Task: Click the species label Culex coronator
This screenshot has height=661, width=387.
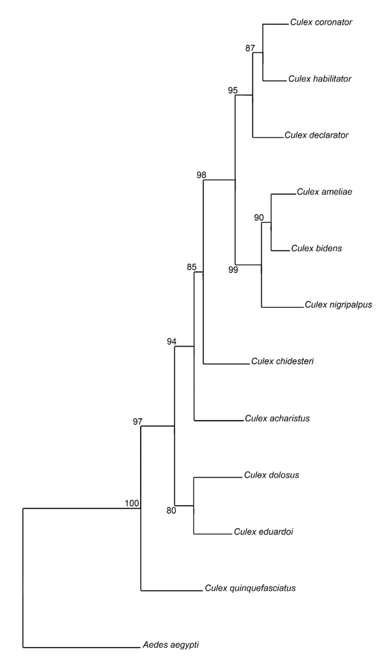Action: pyautogui.click(x=321, y=22)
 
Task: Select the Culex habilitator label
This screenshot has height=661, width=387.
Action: pyautogui.click(x=320, y=79)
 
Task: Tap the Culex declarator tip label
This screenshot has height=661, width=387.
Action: pyautogui.click(x=316, y=135)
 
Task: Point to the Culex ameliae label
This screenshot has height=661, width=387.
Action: pyautogui.click(x=324, y=192)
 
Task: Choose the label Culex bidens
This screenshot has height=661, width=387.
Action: pyautogui.click(x=316, y=248)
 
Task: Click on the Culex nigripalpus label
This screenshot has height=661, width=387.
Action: pyautogui.click(x=338, y=304)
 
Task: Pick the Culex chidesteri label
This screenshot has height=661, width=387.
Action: pyautogui.click(x=282, y=361)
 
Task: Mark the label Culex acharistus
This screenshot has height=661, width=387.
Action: pyautogui.click(x=277, y=418)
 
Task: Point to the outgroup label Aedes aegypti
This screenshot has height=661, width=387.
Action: pyautogui.click(x=171, y=645)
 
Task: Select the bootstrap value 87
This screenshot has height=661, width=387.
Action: pyautogui.click(x=250, y=48)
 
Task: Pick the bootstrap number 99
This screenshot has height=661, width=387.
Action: pyautogui.click(x=233, y=270)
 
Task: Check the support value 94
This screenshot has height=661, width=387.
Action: pyautogui.click(x=172, y=341)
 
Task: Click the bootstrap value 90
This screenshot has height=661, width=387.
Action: pyautogui.click(x=259, y=217)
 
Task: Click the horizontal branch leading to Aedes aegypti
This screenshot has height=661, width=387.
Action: pyautogui.click(x=81, y=648)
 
